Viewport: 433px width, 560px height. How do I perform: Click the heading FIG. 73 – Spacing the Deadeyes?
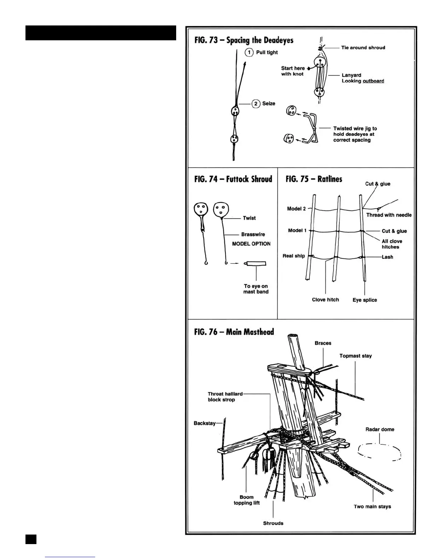(x=244, y=40)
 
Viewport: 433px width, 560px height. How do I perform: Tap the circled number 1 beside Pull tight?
(x=249, y=52)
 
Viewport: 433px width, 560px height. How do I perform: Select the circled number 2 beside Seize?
(x=255, y=104)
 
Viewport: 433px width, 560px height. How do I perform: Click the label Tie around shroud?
(x=363, y=47)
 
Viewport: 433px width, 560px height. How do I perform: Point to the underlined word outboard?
(x=373, y=81)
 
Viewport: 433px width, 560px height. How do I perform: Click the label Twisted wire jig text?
(x=354, y=134)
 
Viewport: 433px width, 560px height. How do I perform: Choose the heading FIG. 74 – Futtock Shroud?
(x=233, y=179)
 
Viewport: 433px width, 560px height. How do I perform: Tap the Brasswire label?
(x=253, y=234)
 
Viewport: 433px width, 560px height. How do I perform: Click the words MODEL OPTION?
(x=251, y=244)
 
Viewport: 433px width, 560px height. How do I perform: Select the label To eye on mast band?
(x=256, y=289)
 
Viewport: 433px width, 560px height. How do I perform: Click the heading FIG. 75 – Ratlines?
(x=314, y=179)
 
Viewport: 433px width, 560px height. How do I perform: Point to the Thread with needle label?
(x=389, y=215)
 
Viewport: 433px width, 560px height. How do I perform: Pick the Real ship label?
(x=294, y=256)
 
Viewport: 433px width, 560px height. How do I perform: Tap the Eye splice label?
(x=365, y=300)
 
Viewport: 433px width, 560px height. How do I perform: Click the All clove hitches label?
(x=392, y=244)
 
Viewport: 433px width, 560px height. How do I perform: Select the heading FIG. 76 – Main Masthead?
(x=234, y=332)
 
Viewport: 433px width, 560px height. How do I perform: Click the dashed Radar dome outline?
(x=380, y=452)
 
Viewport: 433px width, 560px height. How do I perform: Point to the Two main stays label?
(x=372, y=507)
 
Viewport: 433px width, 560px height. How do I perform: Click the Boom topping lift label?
(x=247, y=500)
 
